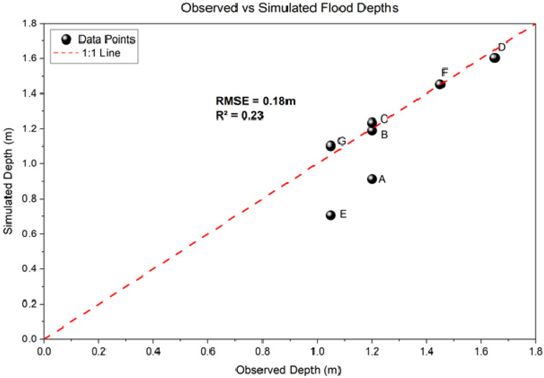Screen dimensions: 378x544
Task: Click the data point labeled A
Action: coord(372,179)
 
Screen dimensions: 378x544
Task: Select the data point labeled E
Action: coord(331,215)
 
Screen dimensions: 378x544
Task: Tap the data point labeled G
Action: coord(331,146)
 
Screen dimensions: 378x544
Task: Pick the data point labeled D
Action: coord(495,57)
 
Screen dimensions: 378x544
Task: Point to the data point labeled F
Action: coord(440,84)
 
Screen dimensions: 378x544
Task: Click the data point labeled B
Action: coord(372,130)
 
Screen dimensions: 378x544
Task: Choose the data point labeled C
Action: coord(372,122)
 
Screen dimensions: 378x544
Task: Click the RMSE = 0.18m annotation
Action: coord(255,101)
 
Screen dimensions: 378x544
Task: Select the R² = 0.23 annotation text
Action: coord(239,116)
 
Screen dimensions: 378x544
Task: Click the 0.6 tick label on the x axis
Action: coord(208,352)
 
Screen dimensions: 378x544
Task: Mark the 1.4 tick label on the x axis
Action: coord(426,352)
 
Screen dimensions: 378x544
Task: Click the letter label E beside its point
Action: coord(343,214)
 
